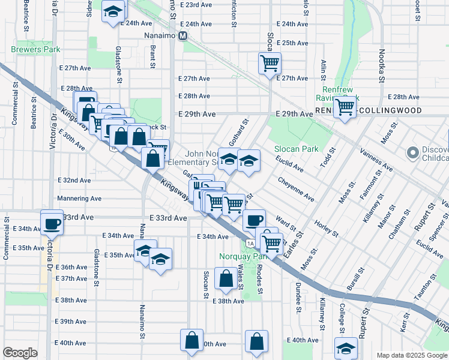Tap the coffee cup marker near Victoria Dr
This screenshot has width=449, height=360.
tap(52, 224)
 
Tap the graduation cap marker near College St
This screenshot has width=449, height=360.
tap(346, 348)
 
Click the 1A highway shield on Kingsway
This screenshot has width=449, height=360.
tap(249, 242)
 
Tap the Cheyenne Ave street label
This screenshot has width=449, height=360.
tap(295, 188)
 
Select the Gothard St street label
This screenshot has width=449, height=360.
tap(239, 133)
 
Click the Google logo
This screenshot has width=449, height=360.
tap(20, 353)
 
